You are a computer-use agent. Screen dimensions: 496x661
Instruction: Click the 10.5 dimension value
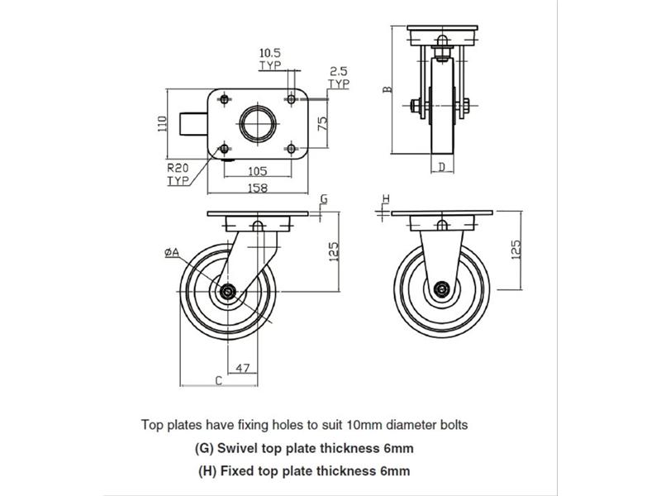(x=269, y=53)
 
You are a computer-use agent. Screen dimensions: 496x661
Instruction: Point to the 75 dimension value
(x=323, y=123)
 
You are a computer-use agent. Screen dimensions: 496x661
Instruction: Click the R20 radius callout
(x=178, y=168)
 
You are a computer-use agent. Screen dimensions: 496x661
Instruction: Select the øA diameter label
(x=172, y=252)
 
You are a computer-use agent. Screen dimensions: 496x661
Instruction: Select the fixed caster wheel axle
(x=442, y=290)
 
